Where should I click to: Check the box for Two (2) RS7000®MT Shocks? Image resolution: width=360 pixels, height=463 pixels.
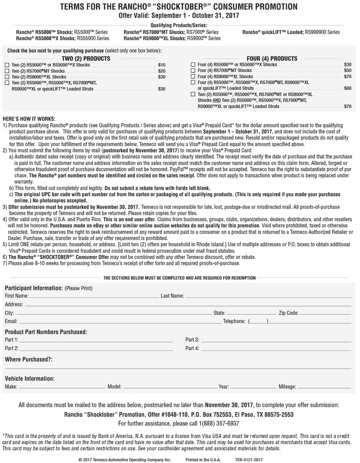pyautogui.click(x=6, y=71)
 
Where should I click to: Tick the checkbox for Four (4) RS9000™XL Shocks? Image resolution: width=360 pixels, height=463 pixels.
pyautogui.click(x=194, y=77)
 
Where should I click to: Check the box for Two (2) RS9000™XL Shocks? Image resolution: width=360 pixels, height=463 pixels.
pyautogui.click(x=6, y=77)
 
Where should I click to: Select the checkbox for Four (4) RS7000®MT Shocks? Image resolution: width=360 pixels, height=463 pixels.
pyautogui.click(x=194, y=71)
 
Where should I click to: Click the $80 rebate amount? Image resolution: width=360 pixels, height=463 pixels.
pyautogui.click(x=347, y=89)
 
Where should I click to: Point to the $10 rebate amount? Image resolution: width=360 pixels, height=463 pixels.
pyautogui.click(x=161, y=65)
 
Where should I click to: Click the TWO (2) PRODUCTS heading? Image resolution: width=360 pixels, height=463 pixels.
pyautogui.click(x=86, y=59)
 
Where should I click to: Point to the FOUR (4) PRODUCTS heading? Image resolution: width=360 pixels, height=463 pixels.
pyautogui.click(x=272, y=59)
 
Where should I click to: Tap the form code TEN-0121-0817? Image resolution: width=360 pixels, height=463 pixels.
pyautogui.click(x=248, y=459)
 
